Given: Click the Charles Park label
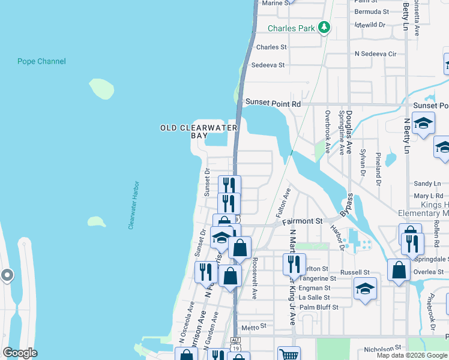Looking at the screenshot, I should [x=291, y=28].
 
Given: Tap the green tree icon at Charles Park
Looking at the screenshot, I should [x=324, y=27].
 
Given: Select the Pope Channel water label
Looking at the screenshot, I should [x=41, y=61].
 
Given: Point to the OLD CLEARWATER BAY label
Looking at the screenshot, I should [x=198, y=131].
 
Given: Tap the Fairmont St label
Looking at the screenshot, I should [x=303, y=221].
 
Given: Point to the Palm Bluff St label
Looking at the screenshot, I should [x=319, y=307].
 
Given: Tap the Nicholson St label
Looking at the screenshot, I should [x=382, y=348].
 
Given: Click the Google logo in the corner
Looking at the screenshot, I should [x=20, y=353].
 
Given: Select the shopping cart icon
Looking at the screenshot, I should [x=289, y=354].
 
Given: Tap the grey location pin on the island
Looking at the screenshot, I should [x=7, y=275].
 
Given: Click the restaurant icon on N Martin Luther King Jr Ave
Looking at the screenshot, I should [x=294, y=263].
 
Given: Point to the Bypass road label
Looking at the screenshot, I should [x=346, y=206].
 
